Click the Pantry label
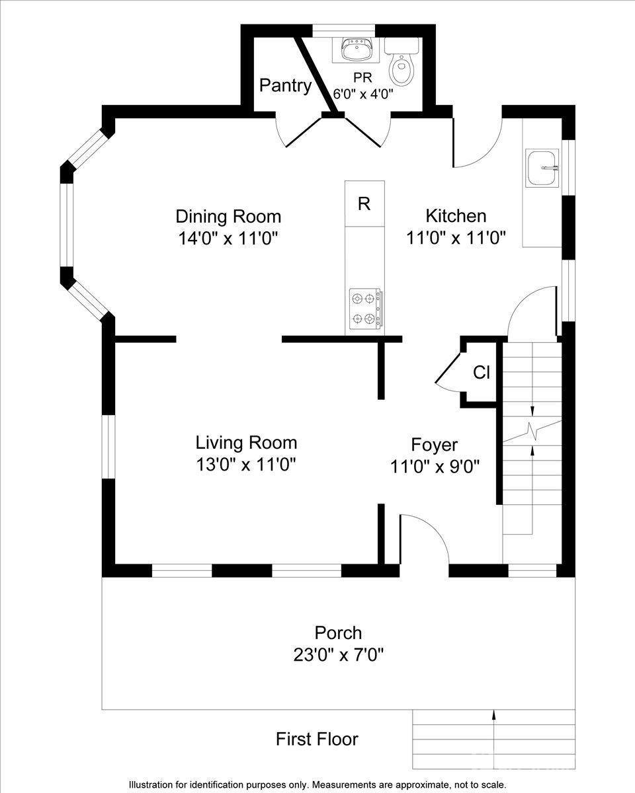click(x=285, y=85)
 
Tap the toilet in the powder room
click(x=401, y=65)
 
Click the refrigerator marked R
click(x=364, y=204)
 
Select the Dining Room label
click(x=228, y=216)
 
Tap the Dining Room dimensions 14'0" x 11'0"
click(x=228, y=238)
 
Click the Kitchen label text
click(x=456, y=215)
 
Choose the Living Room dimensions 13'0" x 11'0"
click(x=245, y=465)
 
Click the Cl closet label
click(x=481, y=373)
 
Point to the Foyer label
click(x=434, y=444)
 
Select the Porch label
click(x=338, y=632)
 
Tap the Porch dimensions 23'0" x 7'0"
click(x=338, y=655)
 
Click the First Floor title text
click(x=317, y=739)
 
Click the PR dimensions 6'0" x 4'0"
click(x=363, y=94)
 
